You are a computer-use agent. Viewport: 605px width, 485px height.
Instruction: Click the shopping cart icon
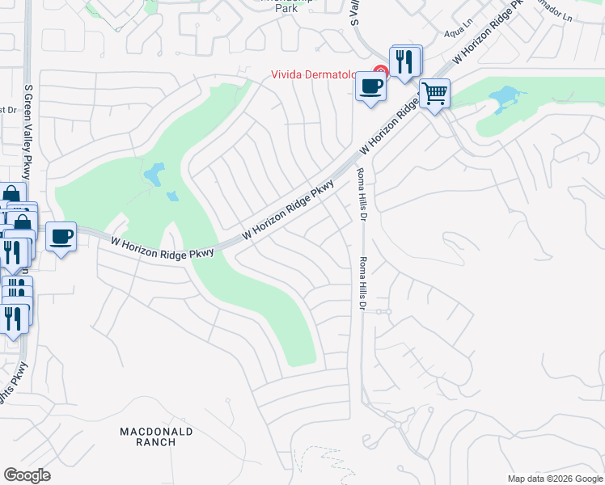point(434,94)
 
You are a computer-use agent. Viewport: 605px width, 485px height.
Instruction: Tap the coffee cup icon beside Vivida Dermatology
point(370,85)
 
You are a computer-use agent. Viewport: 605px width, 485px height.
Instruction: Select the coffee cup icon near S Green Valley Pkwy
point(61,237)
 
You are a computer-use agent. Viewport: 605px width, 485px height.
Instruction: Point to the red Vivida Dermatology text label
point(324,76)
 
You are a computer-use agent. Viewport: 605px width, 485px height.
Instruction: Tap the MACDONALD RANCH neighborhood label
point(157,436)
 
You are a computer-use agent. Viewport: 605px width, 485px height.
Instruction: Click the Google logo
point(27,474)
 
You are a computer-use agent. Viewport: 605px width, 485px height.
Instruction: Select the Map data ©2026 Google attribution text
point(554,479)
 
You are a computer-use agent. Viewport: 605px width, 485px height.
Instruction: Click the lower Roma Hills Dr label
point(363,284)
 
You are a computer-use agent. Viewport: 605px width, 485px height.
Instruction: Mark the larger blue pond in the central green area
point(154,174)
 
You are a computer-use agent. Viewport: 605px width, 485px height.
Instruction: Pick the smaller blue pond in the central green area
point(172,196)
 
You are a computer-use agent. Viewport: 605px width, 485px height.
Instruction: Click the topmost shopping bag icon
point(11,196)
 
